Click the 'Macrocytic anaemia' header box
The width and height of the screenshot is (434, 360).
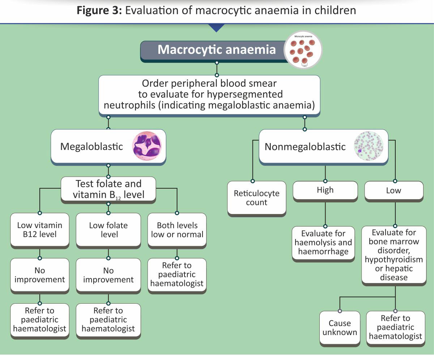216,50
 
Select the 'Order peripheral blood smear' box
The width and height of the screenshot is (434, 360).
209,95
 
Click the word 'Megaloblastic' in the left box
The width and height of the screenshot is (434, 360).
92,146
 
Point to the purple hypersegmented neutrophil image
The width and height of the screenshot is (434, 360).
147,146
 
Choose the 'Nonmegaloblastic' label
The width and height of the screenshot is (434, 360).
305,147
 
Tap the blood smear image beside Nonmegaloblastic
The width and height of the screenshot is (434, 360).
368,146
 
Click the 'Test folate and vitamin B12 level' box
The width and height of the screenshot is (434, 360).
108,189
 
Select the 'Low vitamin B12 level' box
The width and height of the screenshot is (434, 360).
40,230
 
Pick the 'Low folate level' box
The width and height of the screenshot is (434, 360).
108,230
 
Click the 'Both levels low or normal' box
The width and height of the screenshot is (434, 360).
177,230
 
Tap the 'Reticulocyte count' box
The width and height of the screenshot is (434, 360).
256,198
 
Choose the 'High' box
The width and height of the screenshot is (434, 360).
325,190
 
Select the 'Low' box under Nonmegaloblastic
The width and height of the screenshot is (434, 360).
393,190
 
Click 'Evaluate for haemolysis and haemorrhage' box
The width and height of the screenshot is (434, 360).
323,242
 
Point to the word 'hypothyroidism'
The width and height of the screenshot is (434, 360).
393,260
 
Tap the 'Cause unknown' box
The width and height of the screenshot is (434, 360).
340,327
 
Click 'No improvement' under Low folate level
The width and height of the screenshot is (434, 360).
108,275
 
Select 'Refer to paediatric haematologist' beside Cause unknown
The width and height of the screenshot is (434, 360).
395,327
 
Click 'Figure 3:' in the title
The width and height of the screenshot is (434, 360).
99,10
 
